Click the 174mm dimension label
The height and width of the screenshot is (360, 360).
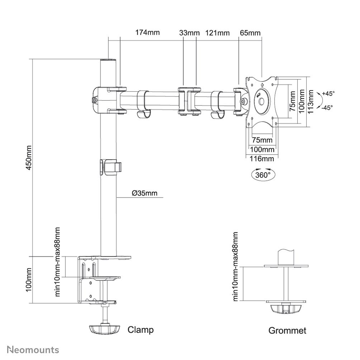[x=147, y=33]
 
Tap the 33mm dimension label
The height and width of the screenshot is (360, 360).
[x=189, y=33]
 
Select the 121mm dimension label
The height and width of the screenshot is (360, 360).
[x=217, y=33]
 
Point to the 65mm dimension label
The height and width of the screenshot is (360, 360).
[x=250, y=33]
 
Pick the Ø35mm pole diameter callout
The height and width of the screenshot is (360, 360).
[x=145, y=193]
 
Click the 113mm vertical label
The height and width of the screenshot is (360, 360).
[x=311, y=101]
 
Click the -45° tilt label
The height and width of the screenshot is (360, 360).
[x=327, y=107]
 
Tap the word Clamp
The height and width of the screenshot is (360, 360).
[x=141, y=330]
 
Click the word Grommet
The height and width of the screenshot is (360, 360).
[x=288, y=330]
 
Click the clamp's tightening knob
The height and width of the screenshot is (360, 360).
[x=104, y=329]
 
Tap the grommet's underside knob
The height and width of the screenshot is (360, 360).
[x=285, y=309]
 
